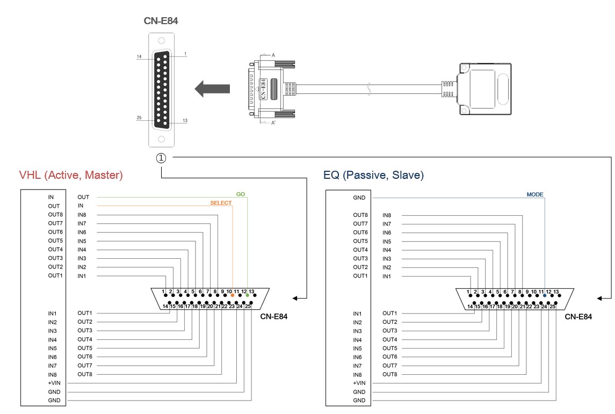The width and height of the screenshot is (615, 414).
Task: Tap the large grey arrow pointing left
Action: click(x=212, y=88)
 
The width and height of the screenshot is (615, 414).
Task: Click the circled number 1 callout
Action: click(x=161, y=158)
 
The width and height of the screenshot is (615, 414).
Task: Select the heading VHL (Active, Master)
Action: click(x=71, y=175)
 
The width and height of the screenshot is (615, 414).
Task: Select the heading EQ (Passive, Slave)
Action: click(x=373, y=175)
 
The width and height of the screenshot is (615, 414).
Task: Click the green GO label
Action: click(x=241, y=194)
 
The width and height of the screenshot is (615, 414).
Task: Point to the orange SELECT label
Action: click(x=220, y=203)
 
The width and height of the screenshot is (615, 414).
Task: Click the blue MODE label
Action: click(x=535, y=194)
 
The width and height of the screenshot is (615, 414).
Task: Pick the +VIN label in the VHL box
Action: click(x=54, y=383)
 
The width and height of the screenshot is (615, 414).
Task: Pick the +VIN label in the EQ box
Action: click(x=359, y=383)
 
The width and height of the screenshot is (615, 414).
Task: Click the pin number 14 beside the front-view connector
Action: click(x=139, y=56)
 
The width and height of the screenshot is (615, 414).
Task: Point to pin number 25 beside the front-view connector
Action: click(x=139, y=118)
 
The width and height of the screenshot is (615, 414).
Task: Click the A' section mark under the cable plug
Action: click(x=274, y=123)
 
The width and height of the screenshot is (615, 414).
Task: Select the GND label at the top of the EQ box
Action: click(x=359, y=198)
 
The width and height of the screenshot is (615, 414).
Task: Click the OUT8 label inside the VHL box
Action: click(x=55, y=215)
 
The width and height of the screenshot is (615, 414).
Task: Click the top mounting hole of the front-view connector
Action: click(x=161, y=40)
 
